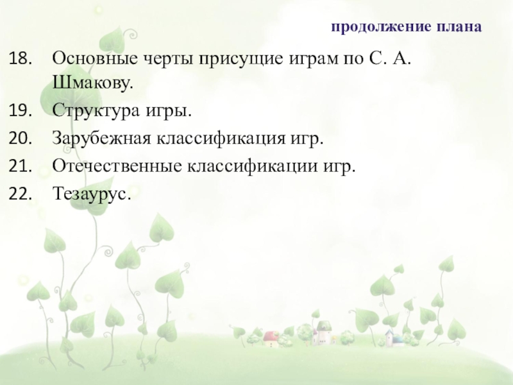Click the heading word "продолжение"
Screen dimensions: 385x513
[x=373, y=28]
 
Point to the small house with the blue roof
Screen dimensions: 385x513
[x=389, y=336]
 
